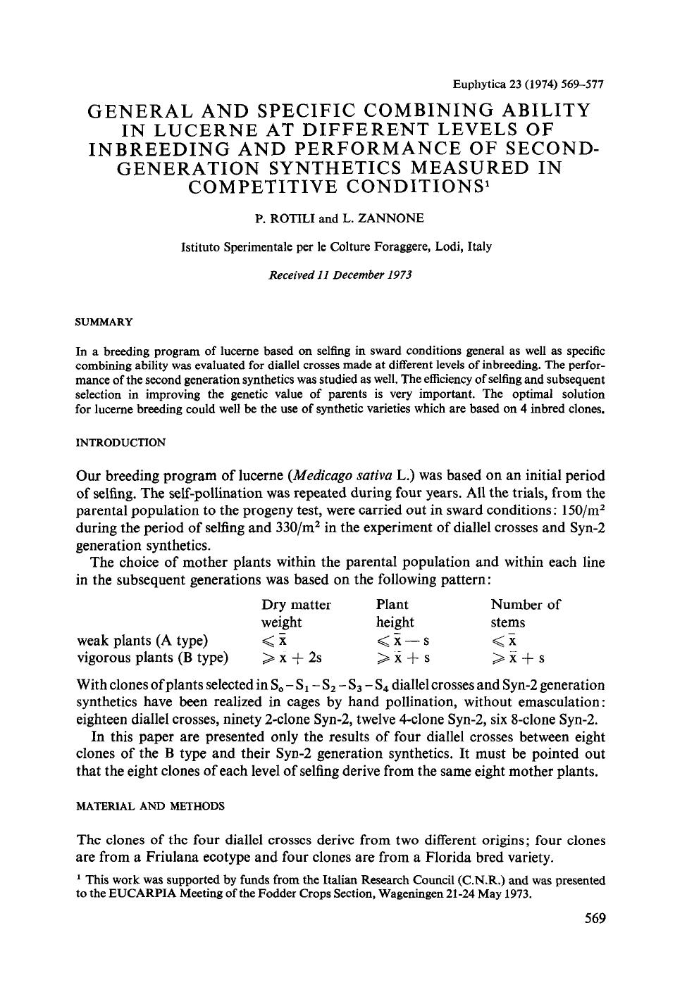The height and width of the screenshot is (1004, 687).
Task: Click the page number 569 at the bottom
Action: tap(595, 918)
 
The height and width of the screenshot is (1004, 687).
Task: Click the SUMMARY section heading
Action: tap(104, 322)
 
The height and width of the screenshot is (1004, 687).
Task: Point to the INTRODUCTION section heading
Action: tap(120, 442)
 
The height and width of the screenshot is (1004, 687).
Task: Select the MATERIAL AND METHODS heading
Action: tap(150, 806)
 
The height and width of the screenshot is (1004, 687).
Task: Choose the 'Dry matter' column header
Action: tap(296, 605)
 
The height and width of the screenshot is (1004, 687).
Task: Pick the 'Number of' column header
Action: tap(526, 605)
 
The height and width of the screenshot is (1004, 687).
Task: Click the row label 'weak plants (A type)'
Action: tap(142, 641)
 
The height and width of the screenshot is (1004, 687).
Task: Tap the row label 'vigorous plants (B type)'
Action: tap(152, 658)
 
